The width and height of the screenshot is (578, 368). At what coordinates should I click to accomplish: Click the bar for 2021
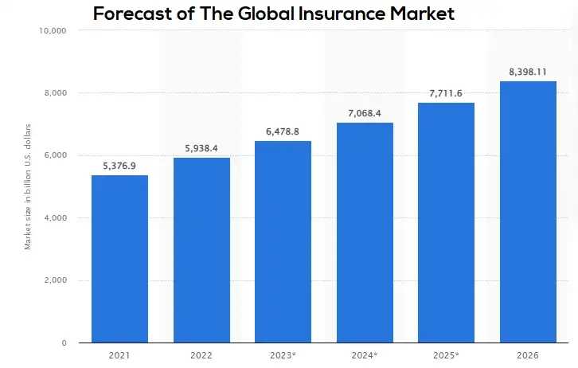coord(119,259)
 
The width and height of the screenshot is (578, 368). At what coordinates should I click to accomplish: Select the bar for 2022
coord(201,250)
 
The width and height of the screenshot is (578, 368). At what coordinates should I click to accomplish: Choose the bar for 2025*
coord(446,222)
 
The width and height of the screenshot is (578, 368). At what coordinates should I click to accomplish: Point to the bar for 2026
coord(528,212)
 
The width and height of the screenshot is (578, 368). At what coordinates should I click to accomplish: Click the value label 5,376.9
coord(119,166)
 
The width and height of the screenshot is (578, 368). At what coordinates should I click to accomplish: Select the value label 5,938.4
coord(201,148)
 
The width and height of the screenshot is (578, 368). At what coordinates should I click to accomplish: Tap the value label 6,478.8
coord(283,131)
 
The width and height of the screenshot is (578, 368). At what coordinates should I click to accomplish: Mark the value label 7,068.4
coord(365,113)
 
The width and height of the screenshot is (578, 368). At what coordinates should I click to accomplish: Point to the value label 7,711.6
coord(446,93)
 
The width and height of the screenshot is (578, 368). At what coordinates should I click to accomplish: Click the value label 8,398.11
coord(528,72)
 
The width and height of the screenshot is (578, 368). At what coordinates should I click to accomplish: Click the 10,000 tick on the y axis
coord(52,31)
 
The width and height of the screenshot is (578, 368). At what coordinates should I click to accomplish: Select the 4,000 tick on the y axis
coord(57,218)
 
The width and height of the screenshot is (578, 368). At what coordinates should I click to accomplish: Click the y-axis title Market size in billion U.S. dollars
coord(28,186)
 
